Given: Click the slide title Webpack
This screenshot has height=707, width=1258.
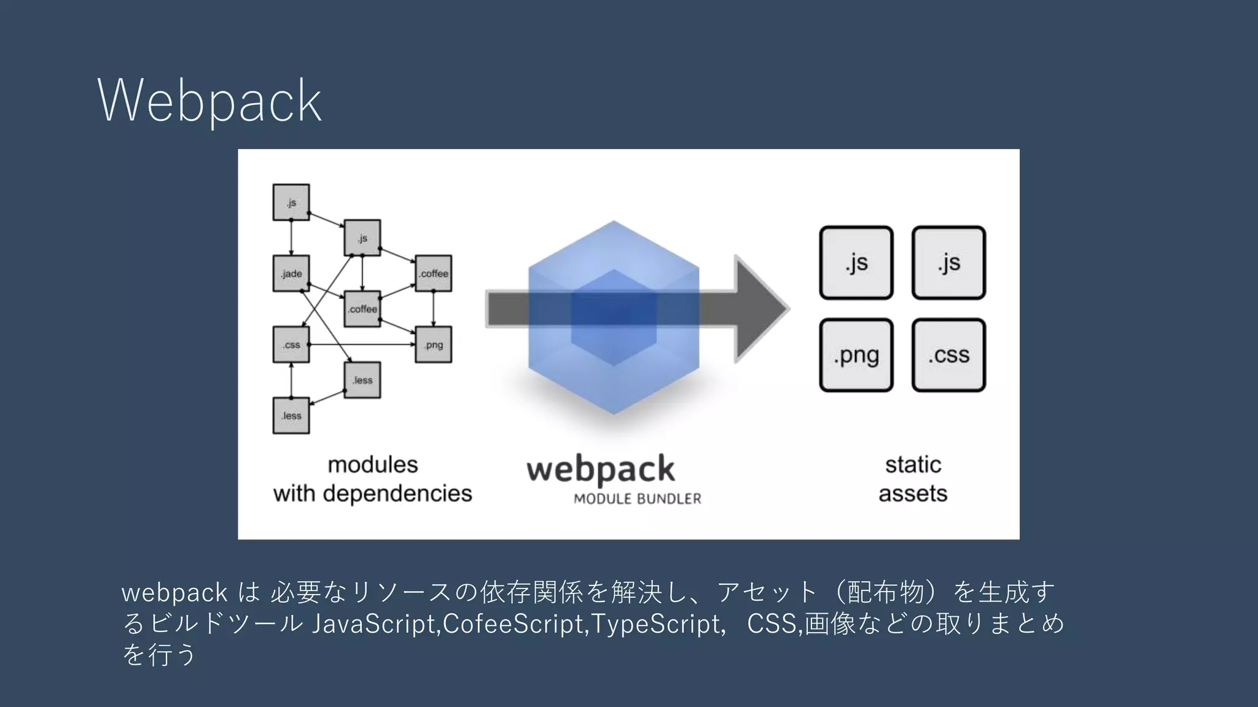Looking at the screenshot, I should coord(209,101).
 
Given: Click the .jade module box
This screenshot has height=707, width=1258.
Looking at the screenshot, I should coord(291,274).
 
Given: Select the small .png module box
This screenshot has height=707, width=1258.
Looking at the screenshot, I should coord(434,344).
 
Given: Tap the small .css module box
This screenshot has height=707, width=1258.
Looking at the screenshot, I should coord(291,344).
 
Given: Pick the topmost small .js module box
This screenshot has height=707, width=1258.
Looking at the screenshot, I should coord(291,202).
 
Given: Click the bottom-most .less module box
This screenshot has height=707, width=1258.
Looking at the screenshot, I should coord(291,415).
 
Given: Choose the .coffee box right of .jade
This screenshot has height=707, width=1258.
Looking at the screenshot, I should coord(362,309).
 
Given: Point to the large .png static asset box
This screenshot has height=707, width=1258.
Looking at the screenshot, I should coord(856,355).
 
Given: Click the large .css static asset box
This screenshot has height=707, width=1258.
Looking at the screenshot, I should coord(948,355).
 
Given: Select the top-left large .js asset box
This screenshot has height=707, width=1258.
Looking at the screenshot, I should coord(856,263).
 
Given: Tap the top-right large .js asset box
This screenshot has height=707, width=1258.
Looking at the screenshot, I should coord(948,263).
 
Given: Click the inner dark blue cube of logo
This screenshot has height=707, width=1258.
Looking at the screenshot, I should coord(614,317).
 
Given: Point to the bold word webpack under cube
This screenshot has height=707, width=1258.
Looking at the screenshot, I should coord(600,469).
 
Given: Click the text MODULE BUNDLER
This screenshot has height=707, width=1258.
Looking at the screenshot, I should coord(637,499).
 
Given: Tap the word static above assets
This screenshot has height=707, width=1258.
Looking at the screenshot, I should coord(913,465).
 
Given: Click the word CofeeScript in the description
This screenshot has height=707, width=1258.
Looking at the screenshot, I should coord(515,624).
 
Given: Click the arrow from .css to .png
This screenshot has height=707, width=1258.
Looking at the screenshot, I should coord(362,344).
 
